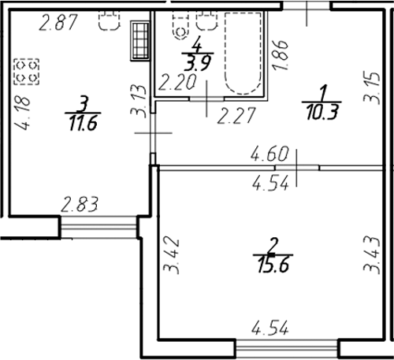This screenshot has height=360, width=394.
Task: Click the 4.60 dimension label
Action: click(x=269, y=154)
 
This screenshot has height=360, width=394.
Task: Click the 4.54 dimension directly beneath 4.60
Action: click(x=269, y=184)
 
